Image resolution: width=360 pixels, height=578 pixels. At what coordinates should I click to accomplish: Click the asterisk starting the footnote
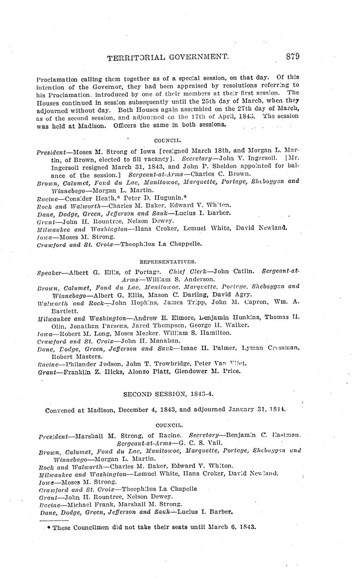[x=49, y=527]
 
